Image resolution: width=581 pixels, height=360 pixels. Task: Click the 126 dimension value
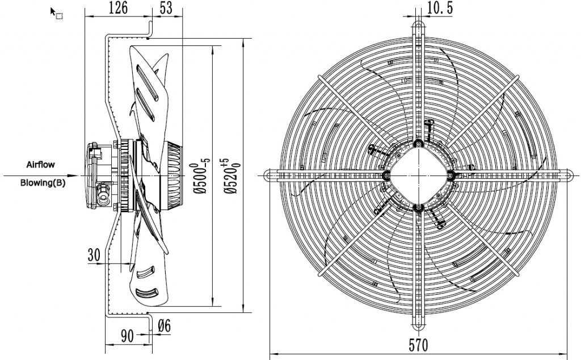[x=118, y=7]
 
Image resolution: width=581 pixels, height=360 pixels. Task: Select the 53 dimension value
[x=167, y=7]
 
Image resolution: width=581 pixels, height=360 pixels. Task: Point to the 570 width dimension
[x=418, y=344]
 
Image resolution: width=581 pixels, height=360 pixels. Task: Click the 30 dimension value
[x=94, y=255]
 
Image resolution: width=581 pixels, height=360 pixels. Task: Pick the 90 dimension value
[x=127, y=336]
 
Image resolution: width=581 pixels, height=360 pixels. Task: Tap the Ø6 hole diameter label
[x=163, y=325]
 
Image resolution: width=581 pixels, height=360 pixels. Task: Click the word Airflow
[x=41, y=164]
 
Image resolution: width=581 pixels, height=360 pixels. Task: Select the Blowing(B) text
[x=43, y=183]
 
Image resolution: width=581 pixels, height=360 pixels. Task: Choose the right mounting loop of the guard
[x=567, y=175]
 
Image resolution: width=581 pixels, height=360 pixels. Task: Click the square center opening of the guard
[x=419, y=175]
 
